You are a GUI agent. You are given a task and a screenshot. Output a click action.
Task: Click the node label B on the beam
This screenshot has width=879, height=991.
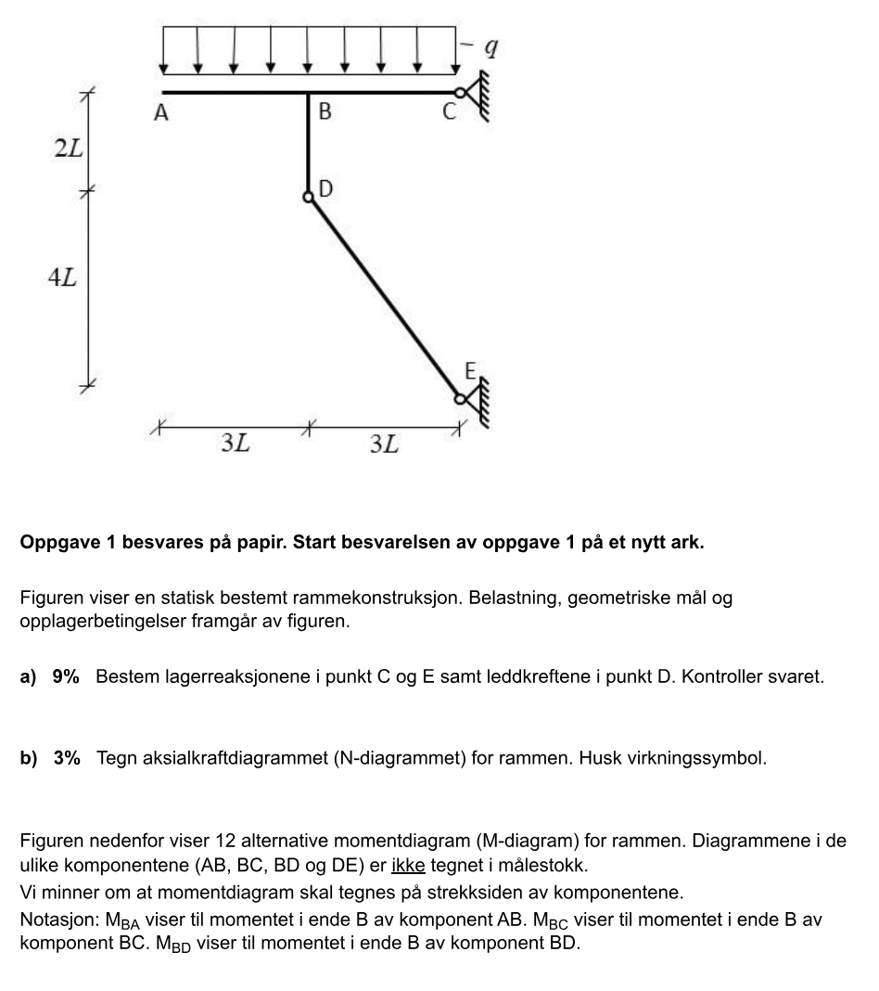click(x=324, y=112)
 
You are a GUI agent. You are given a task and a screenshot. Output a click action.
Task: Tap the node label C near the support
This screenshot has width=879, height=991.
click(x=449, y=113)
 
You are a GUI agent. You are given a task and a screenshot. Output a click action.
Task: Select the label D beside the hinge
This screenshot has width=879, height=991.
click(x=325, y=189)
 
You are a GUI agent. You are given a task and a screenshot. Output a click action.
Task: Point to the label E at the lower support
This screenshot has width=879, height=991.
click(x=470, y=373)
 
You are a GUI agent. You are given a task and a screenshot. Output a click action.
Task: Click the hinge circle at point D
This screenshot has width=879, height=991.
click(x=309, y=197)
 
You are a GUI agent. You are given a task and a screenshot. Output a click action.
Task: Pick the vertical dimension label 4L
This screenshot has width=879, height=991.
click(x=62, y=278)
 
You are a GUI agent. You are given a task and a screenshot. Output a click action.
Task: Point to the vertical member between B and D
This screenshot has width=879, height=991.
click(x=309, y=144)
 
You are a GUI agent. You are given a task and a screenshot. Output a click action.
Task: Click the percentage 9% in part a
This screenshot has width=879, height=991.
click(x=66, y=676)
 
